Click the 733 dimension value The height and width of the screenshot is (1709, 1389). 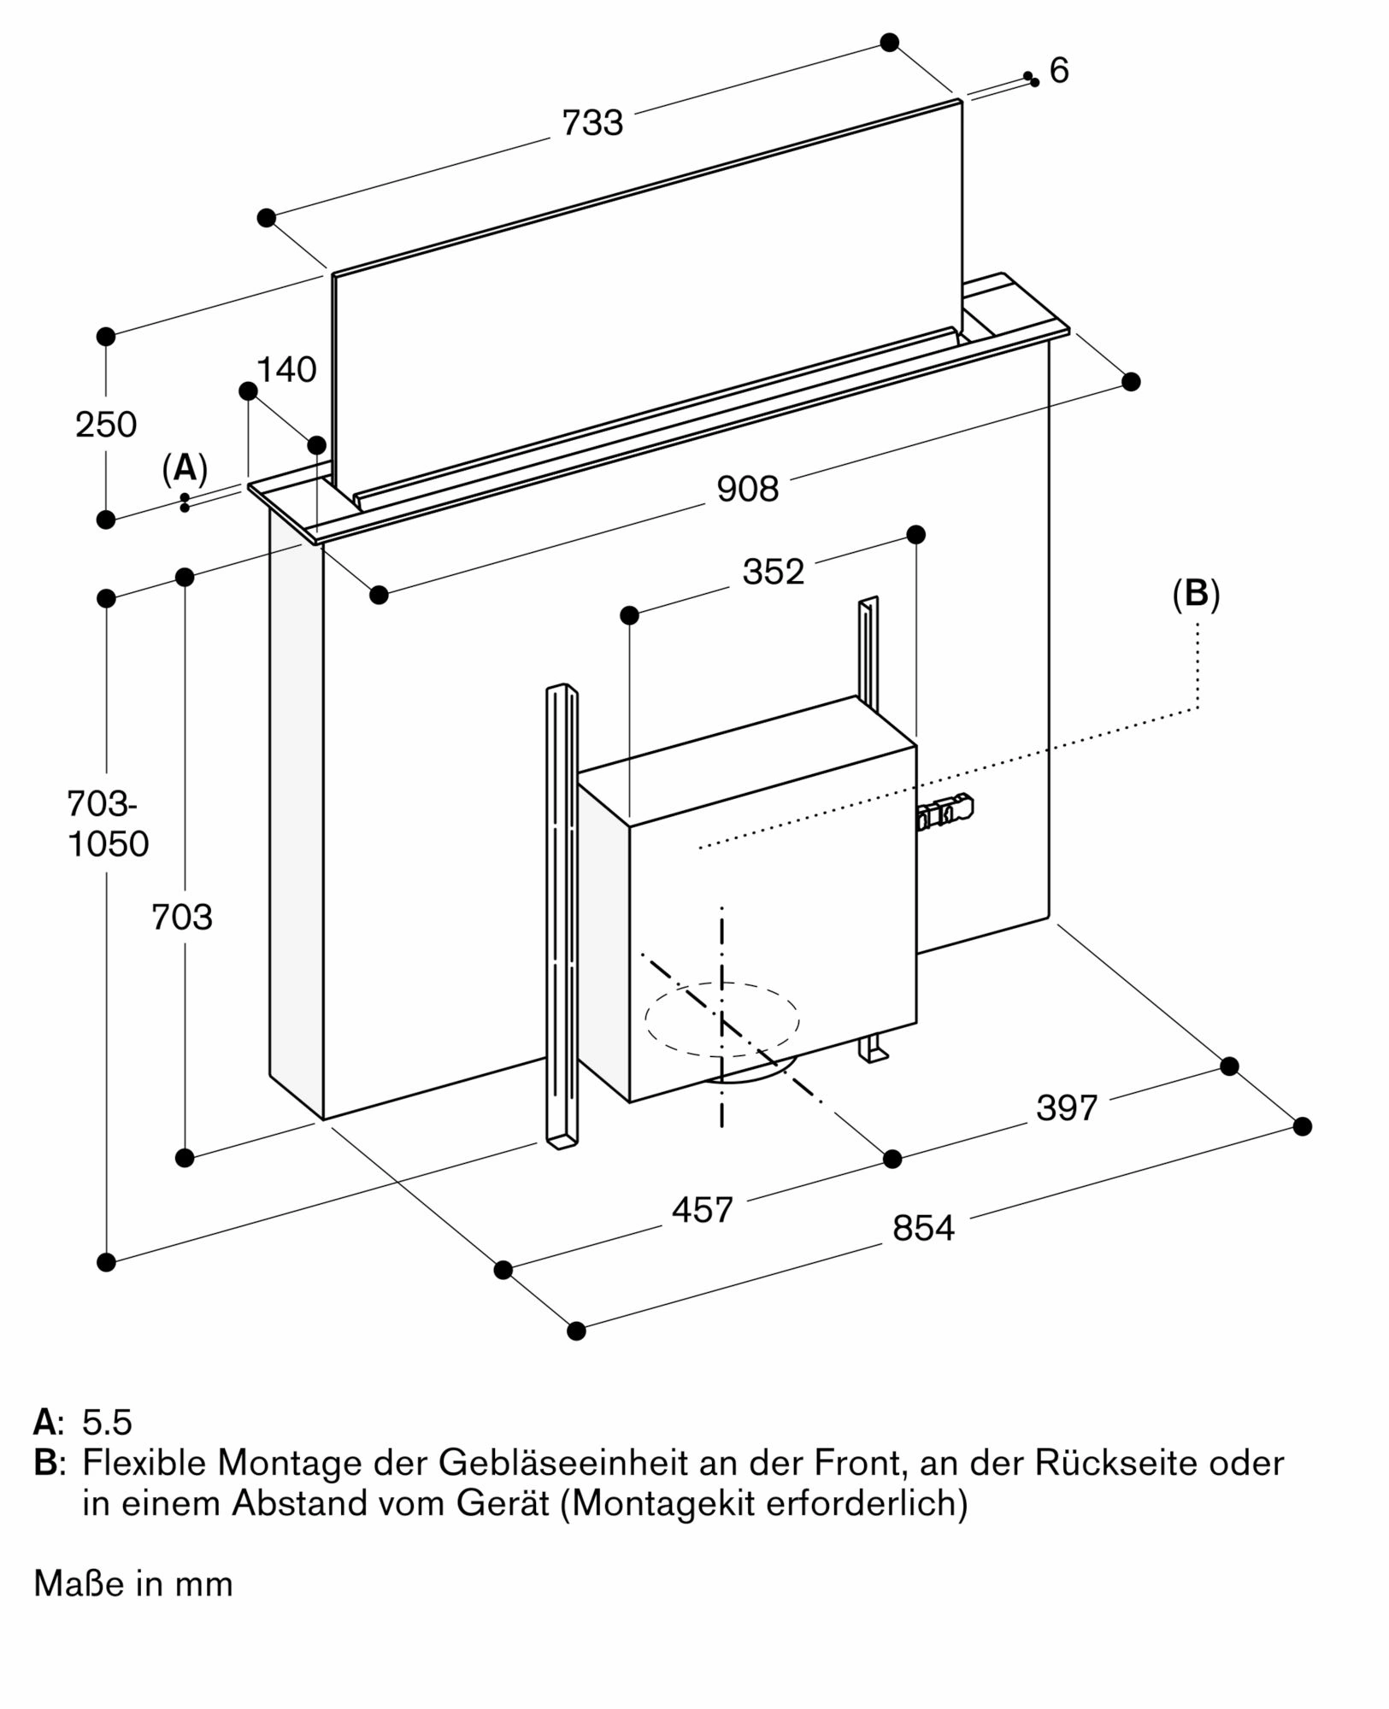pyautogui.click(x=592, y=123)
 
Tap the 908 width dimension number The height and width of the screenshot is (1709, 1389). pyautogui.click(x=748, y=489)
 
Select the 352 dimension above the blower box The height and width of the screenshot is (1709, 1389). pyautogui.click(x=774, y=572)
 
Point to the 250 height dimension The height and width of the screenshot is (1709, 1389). pyautogui.click(x=106, y=425)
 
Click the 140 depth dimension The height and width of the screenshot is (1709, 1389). pyautogui.click(x=286, y=370)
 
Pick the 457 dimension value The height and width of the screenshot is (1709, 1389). pyautogui.click(x=702, y=1210)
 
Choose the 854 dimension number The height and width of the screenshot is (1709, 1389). pyautogui.click(x=923, y=1229)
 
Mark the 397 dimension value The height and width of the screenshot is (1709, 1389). pyautogui.click(x=1067, y=1108)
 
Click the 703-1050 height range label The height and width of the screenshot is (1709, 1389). pyautogui.click(x=108, y=824)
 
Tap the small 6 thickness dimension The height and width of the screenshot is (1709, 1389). pyautogui.click(x=1059, y=71)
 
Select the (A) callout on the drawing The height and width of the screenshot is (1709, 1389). pyautogui.click(x=185, y=469)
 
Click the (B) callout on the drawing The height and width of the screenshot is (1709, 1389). pyautogui.click(x=1196, y=594)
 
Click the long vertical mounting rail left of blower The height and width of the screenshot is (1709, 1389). pyautogui.click(x=561, y=914)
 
